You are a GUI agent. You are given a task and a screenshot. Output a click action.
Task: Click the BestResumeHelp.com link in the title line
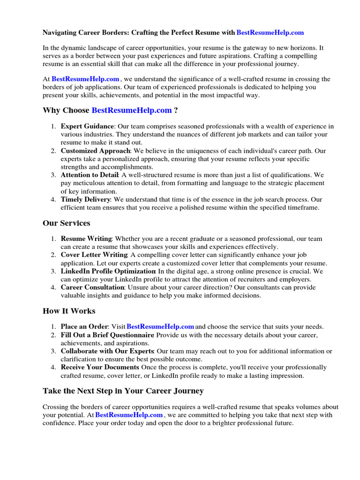pyautogui.click(x=270, y=33)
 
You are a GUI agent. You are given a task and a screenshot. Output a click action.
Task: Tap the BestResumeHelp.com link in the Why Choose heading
pyautogui.click(x=132, y=111)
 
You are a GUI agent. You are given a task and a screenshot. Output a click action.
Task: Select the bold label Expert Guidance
pyautogui.click(x=87, y=127)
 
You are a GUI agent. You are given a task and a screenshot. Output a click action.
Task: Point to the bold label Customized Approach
pyautogui.click(x=95, y=151)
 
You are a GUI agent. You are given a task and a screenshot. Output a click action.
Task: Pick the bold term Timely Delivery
pyautogui.click(x=86, y=199)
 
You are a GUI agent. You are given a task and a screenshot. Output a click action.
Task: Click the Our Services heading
pyautogui.click(x=67, y=223)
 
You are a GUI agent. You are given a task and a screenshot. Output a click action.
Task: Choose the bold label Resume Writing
pyautogui.click(x=86, y=239)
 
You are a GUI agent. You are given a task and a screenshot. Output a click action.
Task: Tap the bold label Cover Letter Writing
pyautogui.click(x=94, y=255)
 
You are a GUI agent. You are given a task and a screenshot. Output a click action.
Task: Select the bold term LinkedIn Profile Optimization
pyautogui.click(x=108, y=271)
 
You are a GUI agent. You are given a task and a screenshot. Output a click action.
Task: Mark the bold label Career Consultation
pyautogui.click(x=92, y=287)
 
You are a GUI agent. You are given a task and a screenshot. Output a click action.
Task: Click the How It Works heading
pyautogui.click(x=69, y=311)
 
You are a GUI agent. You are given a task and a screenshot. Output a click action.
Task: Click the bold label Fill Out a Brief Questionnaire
pyautogui.click(x=107, y=335)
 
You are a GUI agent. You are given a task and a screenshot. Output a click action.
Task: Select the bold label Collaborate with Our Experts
pyautogui.click(x=107, y=351)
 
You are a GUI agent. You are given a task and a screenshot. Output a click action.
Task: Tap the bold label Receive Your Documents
pyautogui.click(x=100, y=367)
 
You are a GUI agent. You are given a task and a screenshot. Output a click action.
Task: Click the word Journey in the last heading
pyautogui.click(x=187, y=391)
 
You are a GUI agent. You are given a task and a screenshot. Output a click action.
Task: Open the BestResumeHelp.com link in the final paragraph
pyautogui.click(x=129, y=415)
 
